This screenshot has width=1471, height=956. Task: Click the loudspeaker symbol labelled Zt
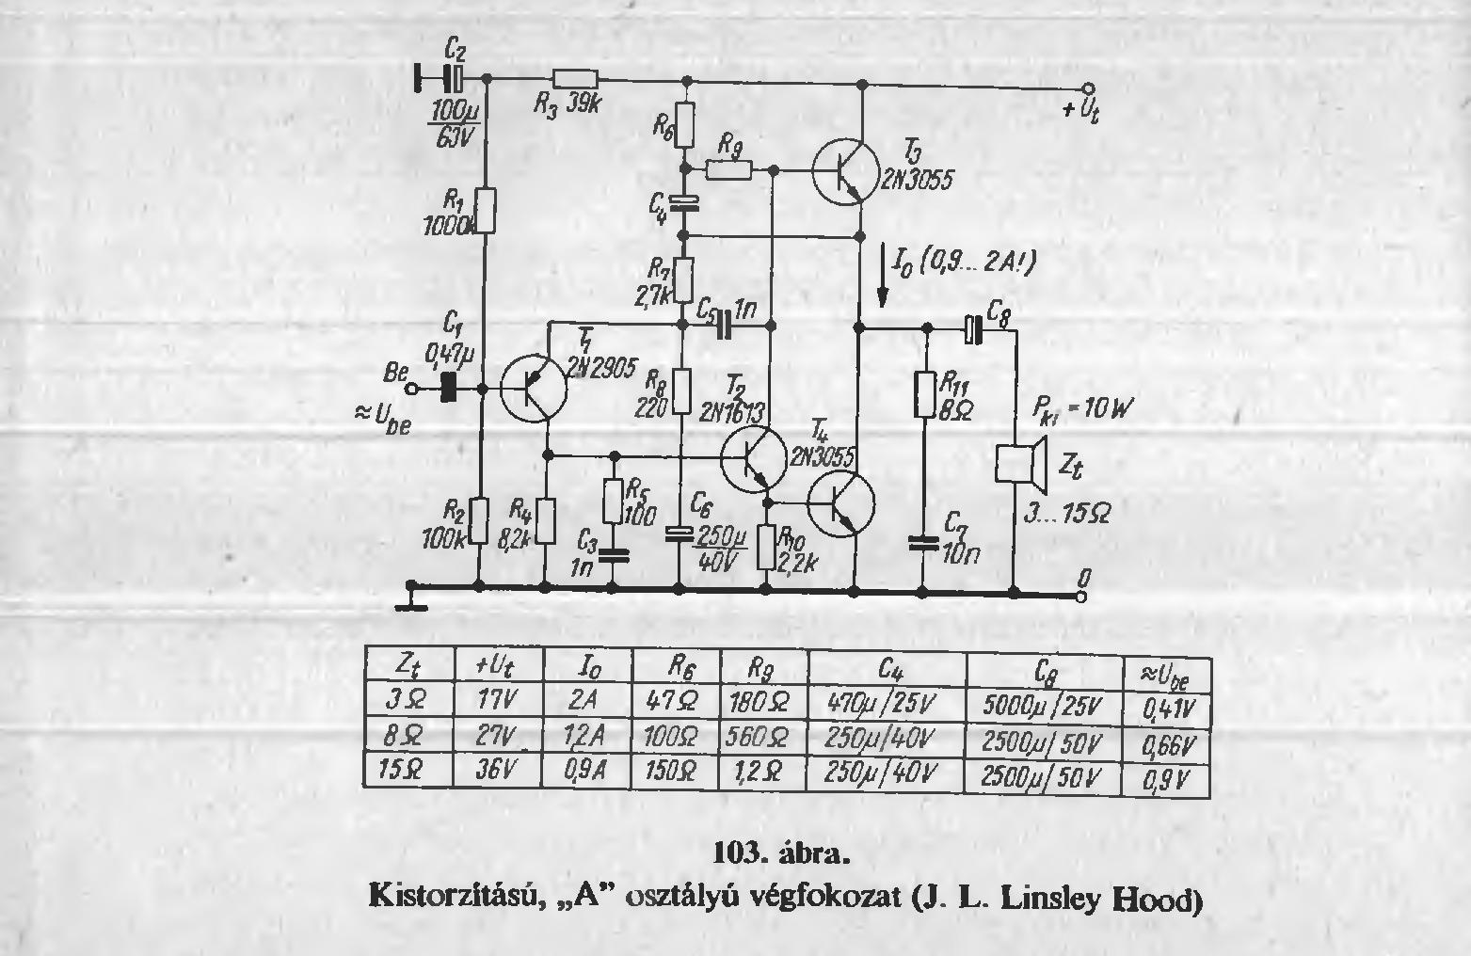(x=1022, y=462)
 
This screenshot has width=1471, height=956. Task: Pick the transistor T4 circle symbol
(x=840, y=504)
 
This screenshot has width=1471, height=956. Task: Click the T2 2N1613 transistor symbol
(x=754, y=458)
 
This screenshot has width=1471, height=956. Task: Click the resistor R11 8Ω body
(x=925, y=395)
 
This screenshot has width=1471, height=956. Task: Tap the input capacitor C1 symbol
(x=449, y=387)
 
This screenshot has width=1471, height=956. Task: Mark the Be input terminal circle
(x=409, y=388)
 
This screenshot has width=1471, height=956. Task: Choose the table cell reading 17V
(x=496, y=701)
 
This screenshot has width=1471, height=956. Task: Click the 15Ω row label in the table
(x=408, y=769)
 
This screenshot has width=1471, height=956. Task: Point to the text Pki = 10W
(x=1082, y=408)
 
